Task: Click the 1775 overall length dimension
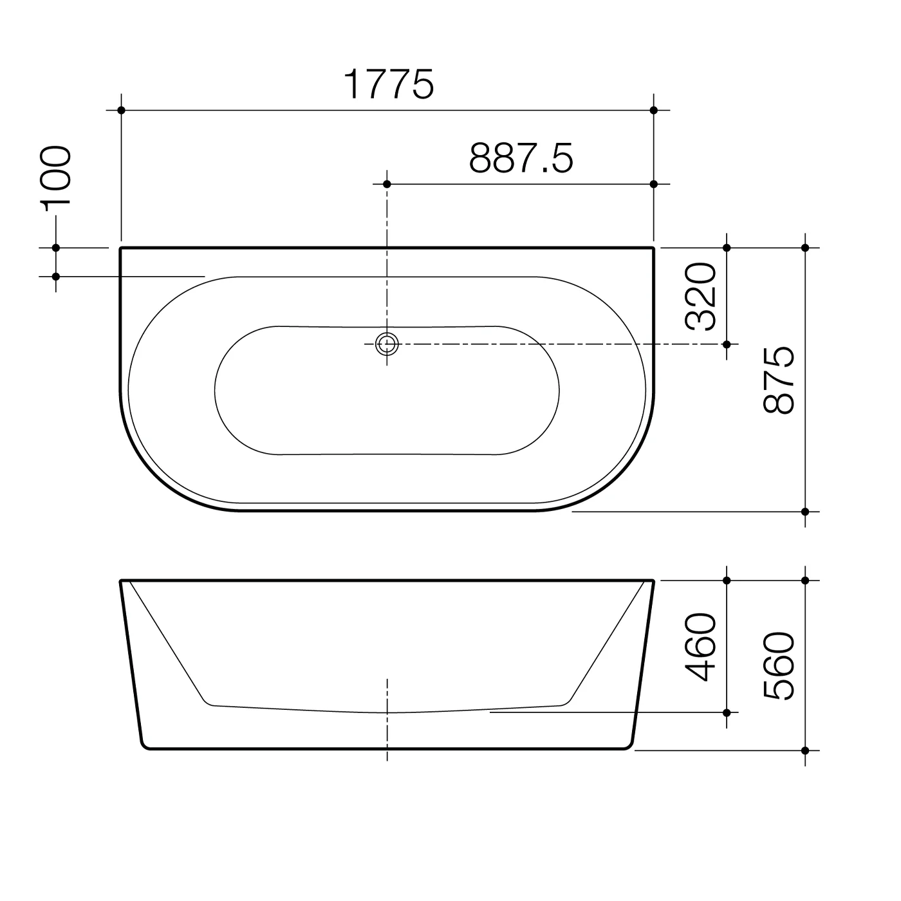389,84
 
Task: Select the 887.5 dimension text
521,158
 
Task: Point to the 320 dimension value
701,296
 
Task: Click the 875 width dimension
779,380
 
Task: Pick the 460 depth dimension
701,647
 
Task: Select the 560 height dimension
779,665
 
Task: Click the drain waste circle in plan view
387,344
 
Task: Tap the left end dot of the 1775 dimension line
121,111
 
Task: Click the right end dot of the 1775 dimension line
654,111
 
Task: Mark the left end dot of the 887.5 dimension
387,184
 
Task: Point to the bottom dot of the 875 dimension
805,512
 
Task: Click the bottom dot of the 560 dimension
805,750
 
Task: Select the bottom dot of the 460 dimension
727,712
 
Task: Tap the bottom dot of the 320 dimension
727,344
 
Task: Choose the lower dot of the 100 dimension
56,276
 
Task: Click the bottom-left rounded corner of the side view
144,746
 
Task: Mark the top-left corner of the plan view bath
122,248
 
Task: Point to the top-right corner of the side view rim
653,581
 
